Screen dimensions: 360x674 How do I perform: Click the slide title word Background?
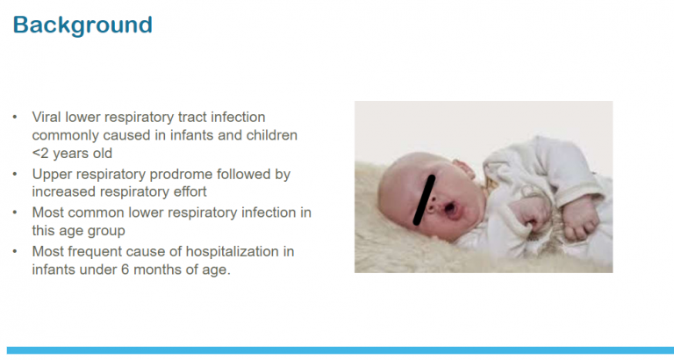(82, 24)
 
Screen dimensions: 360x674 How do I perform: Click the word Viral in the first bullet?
(47, 117)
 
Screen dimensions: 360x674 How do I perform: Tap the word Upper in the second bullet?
(51, 174)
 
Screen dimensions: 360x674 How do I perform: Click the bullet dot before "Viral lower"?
(15, 117)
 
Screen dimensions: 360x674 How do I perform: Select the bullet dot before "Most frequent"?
(15, 252)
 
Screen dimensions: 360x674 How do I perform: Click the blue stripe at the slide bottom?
(337, 350)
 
